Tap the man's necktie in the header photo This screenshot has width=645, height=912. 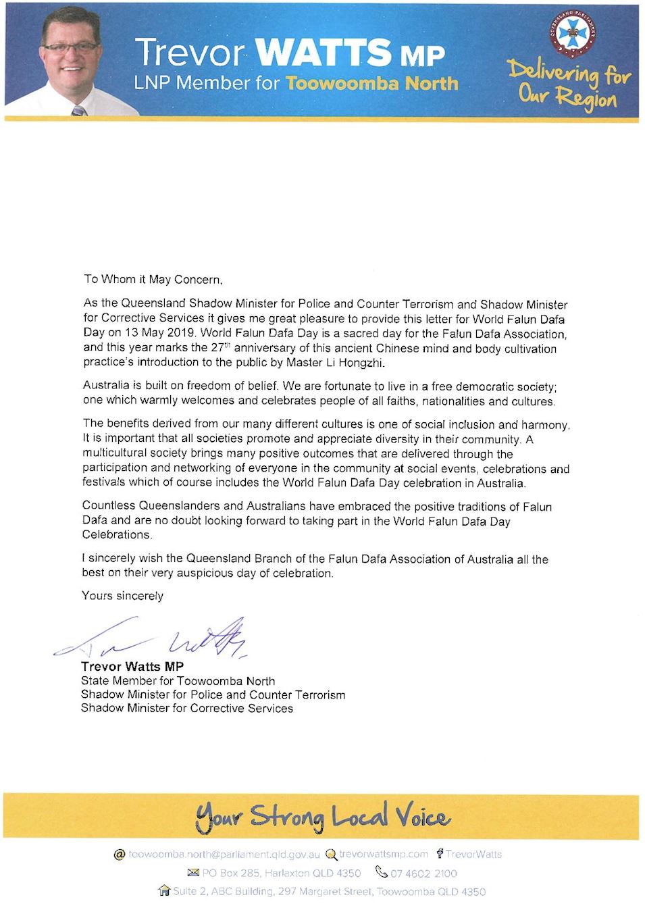(x=79, y=110)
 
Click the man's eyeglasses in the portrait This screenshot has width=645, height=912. (x=70, y=48)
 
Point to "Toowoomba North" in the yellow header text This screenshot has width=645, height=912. (x=372, y=84)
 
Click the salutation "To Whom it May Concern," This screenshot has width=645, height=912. (x=153, y=279)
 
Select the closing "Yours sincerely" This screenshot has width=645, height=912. (x=122, y=596)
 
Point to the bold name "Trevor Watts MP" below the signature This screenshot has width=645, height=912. (x=132, y=667)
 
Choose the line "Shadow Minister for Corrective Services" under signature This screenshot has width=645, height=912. (x=187, y=708)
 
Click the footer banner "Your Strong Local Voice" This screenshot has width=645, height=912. (x=322, y=817)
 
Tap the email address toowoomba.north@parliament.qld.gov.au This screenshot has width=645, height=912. (x=224, y=855)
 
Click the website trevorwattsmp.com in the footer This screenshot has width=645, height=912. (x=383, y=854)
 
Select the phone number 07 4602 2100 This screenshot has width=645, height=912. (x=423, y=873)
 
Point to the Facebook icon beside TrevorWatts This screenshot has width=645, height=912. (x=439, y=854)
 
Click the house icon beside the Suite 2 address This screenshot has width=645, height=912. (x=164, y=891)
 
